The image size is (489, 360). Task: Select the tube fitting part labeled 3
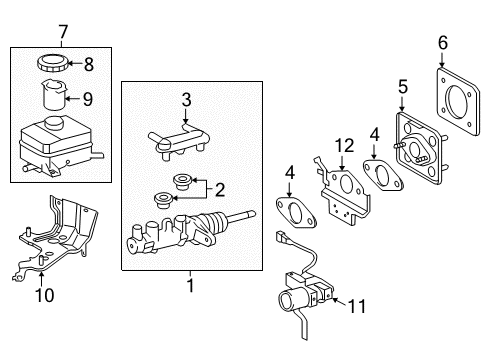[x=180, y=136]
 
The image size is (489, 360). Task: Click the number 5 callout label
[x=405, y=86]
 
